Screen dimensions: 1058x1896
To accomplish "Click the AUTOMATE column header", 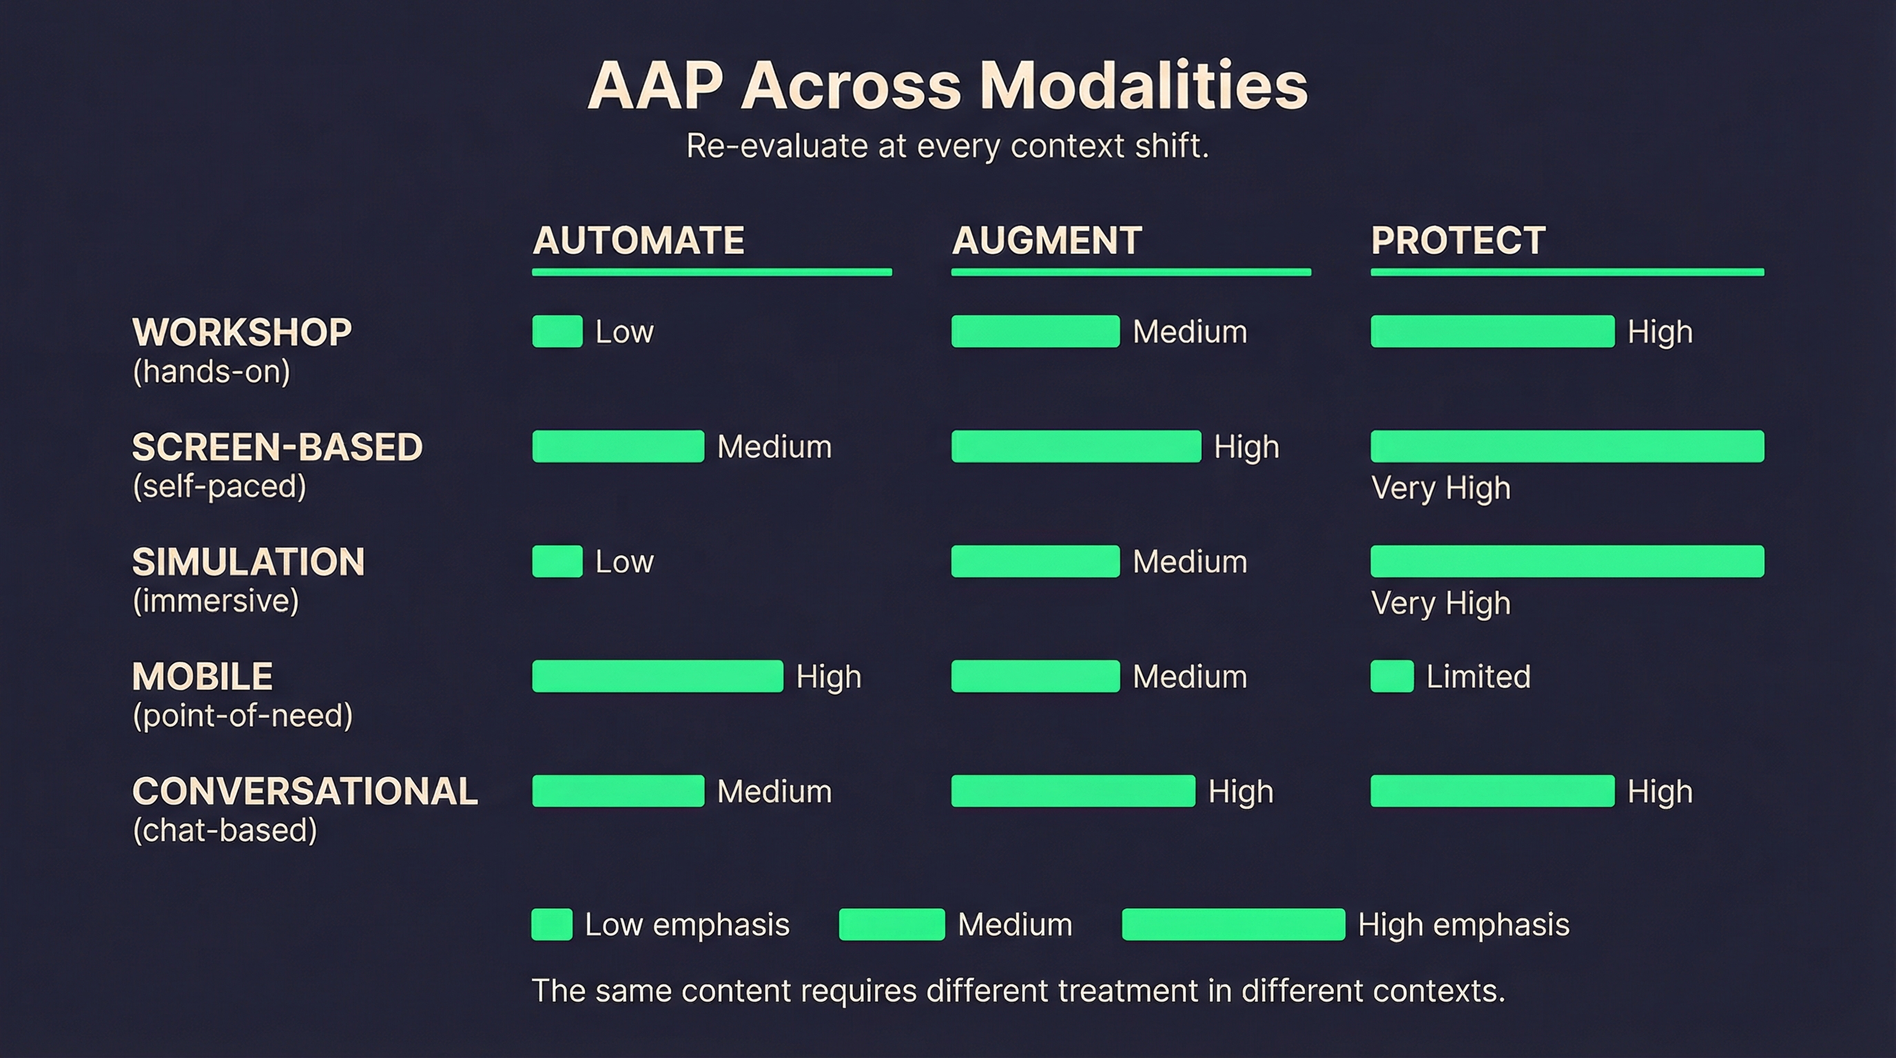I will click(x=638, y=240).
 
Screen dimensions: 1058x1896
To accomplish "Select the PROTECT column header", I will click(x=1457, y=240).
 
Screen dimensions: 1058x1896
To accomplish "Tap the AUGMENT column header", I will click(x=1047, y=240).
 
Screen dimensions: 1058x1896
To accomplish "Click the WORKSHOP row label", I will click(x=241, y=333).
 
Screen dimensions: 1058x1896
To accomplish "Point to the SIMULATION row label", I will click(x=248, y=562).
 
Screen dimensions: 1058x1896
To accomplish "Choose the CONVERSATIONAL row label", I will click(x=305, y=791).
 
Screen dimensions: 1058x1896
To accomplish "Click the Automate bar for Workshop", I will click(x=557, y=331).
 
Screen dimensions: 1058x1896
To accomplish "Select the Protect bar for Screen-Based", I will click(x=1567, y=446).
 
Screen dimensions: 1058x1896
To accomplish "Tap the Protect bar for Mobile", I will click(x=1391, y=676).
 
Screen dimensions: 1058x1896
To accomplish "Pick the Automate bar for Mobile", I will click(x=657, y=676).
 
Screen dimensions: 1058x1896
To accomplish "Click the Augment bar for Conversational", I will click(x=1073, y=791).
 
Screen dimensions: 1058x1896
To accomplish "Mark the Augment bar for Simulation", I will click(x=1035, y=561).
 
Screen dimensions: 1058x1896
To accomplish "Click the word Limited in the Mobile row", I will click(x=1478, y=677).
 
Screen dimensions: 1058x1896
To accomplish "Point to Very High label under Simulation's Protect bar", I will click(x=1441, y=603).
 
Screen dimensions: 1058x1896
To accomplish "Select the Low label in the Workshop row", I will click(x=624, y=332).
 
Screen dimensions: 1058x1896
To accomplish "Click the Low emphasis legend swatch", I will click(x=552, y=924).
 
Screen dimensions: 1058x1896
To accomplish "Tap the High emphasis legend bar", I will click(x=1233, y=924).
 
